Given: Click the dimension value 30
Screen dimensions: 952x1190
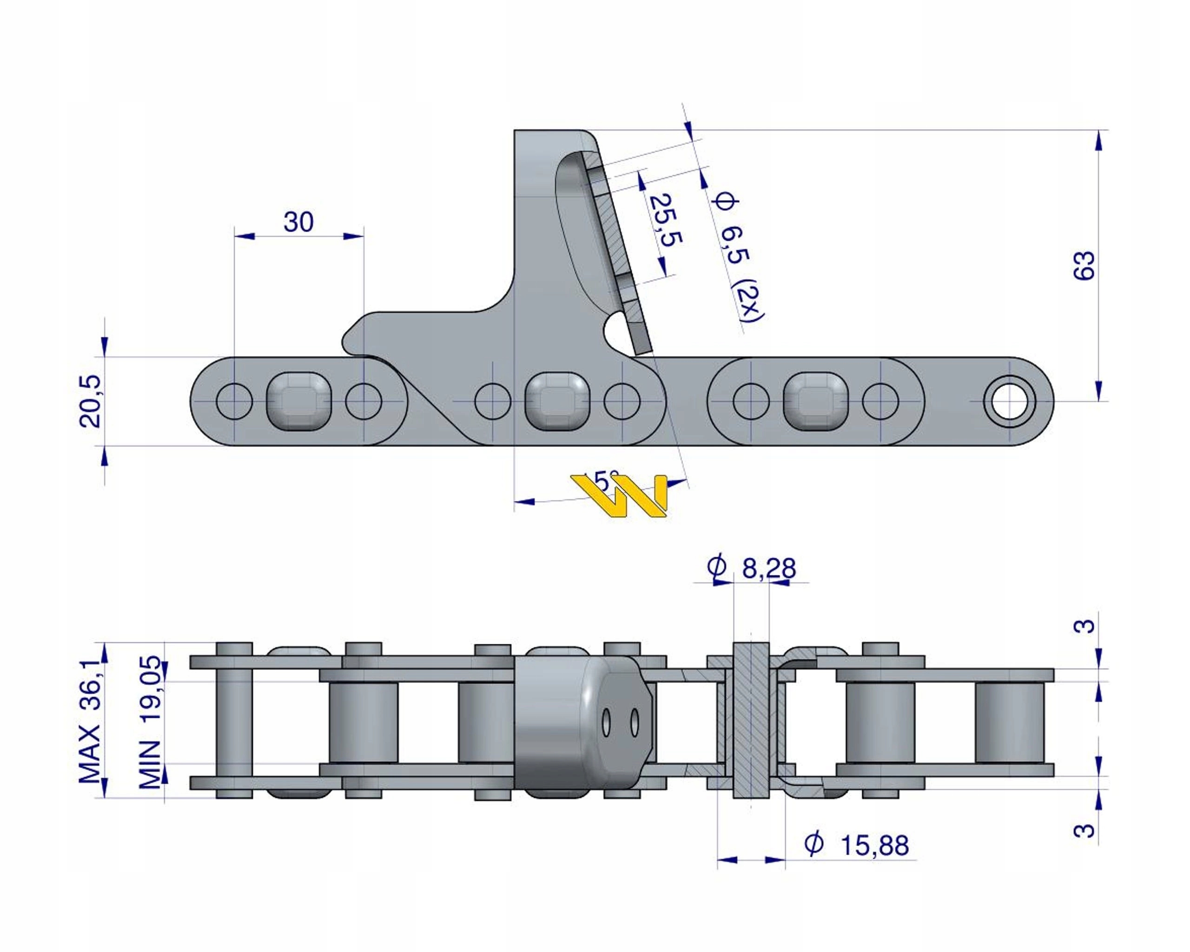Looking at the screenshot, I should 298,222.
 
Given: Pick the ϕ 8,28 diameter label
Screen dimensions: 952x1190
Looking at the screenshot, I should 752,568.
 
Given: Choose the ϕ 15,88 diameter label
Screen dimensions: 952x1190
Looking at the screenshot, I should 856,845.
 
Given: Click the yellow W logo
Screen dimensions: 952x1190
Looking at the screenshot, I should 621,495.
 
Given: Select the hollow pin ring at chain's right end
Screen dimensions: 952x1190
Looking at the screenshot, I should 1010,401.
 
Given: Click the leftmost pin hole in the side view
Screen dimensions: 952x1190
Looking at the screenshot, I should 235,401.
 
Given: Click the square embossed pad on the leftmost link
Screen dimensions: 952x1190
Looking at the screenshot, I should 299,401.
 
